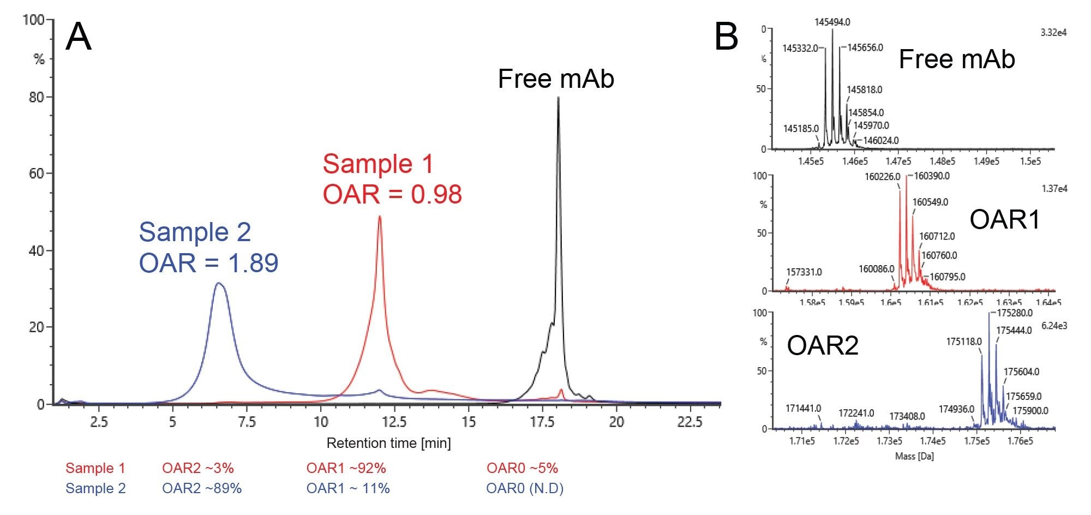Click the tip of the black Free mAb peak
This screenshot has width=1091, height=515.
(x=558, y=98)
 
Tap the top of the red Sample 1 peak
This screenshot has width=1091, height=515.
(x=380, y=217)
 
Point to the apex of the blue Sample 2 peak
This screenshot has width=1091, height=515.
(x=219, y=283)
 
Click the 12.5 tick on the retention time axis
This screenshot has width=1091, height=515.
(x=394, y=422)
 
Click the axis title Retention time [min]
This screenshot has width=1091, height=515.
(x=388, y=443)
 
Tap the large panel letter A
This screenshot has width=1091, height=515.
(x=79, y=38)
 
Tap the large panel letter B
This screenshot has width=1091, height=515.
(x=726, y=38)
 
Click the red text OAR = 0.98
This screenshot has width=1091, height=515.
(x=392, y=195)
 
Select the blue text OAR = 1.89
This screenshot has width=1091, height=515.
(x=208, y=263)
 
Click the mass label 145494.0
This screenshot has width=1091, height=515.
(x=832, y=22)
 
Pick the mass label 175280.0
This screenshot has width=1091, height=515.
(x=1015, y=313)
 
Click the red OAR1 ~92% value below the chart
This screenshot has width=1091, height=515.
(x=346, y=468)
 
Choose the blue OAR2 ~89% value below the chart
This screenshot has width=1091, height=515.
(x=201, y=488)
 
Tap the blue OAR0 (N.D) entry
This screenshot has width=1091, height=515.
(x=525, y=488)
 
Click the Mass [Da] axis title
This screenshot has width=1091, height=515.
(x=914, y=456)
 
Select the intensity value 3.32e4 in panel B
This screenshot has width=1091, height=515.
(x=1053, y=33)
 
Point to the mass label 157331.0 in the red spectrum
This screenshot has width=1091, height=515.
(x=804, y=272)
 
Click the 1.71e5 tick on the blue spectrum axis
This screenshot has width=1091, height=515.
(x=802, y=441)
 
